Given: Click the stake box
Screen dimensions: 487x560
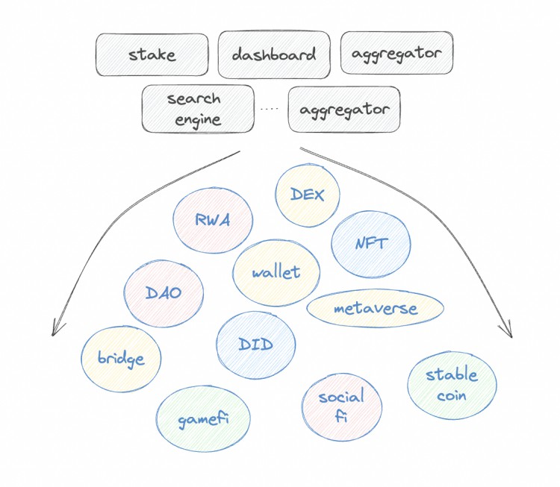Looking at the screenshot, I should click(x=152, y=54).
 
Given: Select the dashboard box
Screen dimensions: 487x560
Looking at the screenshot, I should click(x=273, y=54).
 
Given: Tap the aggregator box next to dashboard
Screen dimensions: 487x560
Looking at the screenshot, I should click(x=396, y=53).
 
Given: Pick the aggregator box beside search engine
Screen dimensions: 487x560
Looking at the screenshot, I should click(x=344, y=110).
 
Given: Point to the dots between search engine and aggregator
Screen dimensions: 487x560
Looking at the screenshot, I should click(x=270, y=109).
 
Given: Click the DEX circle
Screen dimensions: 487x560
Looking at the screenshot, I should click(x=307, y=195).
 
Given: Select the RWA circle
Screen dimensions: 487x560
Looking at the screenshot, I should click(x=212, y=220).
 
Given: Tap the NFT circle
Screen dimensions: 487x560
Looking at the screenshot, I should click(x=370, y=243).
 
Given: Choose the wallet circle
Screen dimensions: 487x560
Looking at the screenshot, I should click(x=276, y=272).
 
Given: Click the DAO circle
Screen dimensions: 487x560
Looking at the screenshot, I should click(x=164, y=292).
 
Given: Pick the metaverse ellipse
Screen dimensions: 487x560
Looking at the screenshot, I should click(x=376, y=308).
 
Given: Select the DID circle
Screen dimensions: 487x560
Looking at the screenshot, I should click(x=255, y=345).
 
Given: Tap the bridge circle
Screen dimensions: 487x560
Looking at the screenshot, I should click(x=120, y=359).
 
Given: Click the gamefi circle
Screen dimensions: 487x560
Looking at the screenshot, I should click(x=203, y=419).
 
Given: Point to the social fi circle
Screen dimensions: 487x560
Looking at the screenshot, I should click(x=341, y=406).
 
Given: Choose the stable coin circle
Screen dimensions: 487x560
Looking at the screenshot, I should click(x=452, y=385).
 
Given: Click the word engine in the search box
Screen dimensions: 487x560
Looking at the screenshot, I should click(x=194, y=119).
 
